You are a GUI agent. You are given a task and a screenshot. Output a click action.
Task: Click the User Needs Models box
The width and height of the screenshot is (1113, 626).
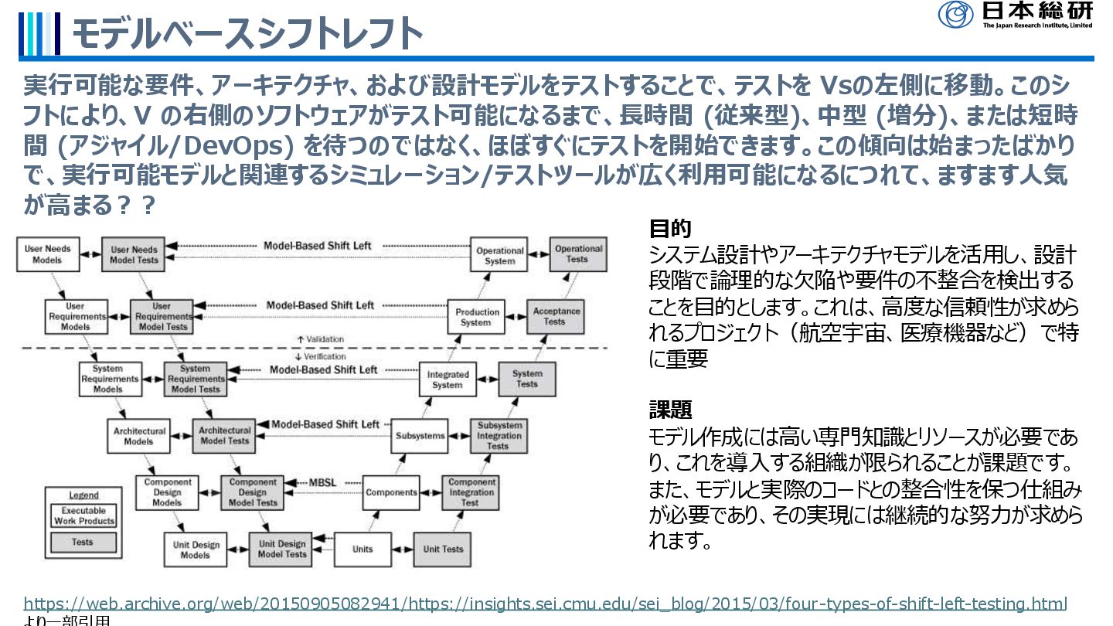coord(47,254)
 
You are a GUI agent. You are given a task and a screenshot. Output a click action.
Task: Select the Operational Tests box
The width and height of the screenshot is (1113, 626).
coord(578,254)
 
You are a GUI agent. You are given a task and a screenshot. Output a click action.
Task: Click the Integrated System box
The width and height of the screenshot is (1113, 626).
coord(448,379)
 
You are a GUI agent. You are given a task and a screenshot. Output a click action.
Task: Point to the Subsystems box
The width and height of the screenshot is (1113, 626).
coord(420,436)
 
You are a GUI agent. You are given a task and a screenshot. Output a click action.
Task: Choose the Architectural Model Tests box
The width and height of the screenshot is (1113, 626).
coord(225,436)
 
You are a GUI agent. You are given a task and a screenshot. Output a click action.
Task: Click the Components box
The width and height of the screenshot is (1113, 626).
coord(391,492)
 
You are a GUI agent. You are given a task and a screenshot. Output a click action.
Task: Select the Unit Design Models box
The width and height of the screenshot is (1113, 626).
coord(196,549)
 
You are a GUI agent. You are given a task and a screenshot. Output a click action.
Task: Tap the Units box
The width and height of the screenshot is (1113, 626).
coord(362,549)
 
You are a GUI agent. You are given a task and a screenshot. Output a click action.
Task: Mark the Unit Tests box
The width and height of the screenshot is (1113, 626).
coord(443,549)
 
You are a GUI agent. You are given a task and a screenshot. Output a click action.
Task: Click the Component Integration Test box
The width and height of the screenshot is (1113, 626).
coord(471,492)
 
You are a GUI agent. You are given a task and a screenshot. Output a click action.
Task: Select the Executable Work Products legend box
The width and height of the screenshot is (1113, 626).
coord(83,515)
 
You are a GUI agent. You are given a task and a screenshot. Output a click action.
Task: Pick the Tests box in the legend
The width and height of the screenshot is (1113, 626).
coord(83,543)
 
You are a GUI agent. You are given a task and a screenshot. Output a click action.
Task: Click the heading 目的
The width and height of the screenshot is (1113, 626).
coord(669,229)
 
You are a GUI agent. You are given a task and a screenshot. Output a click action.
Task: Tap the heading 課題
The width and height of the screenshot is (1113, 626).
coord(669,410)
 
